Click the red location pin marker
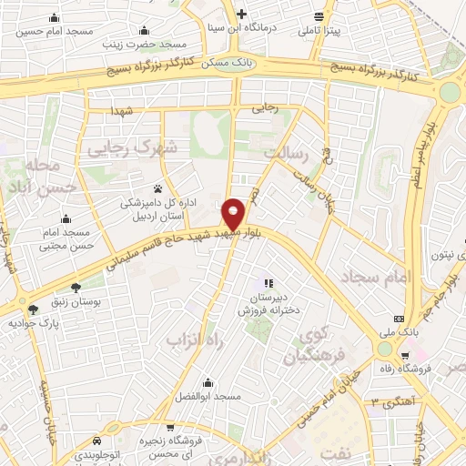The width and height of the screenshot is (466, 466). pyautogui.click(x=233, y=213)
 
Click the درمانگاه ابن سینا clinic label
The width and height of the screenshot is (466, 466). pyautogui.click(x=240, y=27)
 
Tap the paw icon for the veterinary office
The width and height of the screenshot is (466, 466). pyautogui.click(x=158, y=189)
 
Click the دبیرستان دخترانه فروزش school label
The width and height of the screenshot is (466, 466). pyautogui.click(x=268, y=304)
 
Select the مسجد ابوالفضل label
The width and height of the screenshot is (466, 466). pyautogui.click(x=209, y=396)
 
